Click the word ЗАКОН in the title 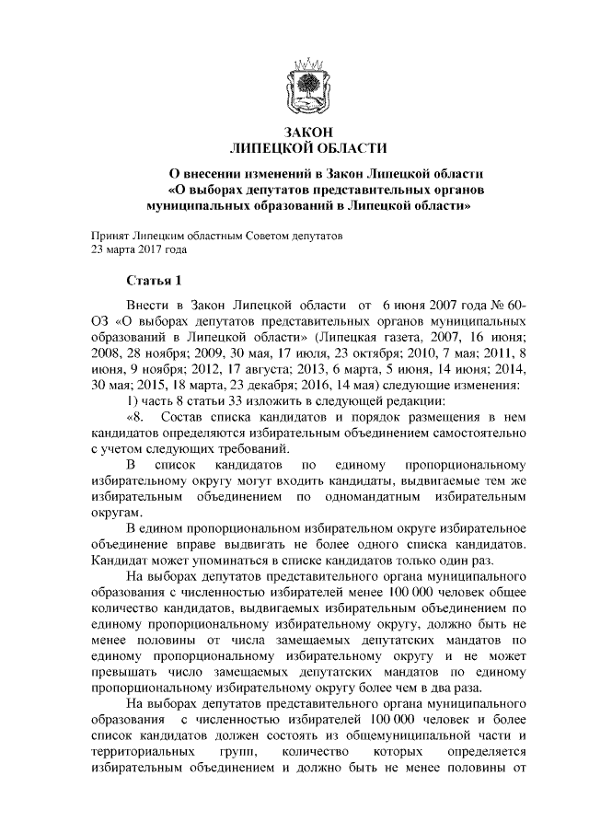pyautogui.click(x=308, y=132)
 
